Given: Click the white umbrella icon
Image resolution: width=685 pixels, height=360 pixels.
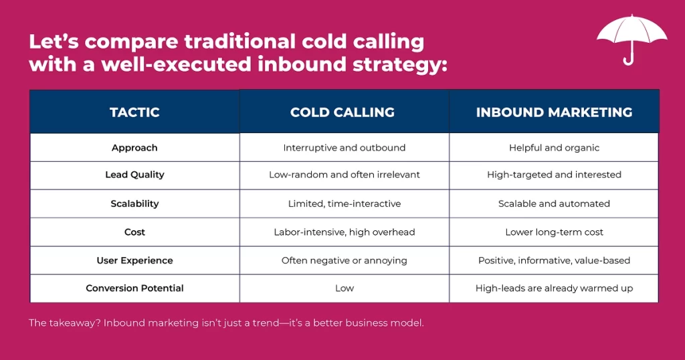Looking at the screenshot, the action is click(x=631, y=33).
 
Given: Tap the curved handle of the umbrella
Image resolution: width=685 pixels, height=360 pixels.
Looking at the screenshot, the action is click(x=629, y=60).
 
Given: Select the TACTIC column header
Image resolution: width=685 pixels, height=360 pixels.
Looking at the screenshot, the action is click(x=134, y=112).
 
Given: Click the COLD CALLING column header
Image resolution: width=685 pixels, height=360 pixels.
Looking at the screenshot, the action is click(x=342, y=112).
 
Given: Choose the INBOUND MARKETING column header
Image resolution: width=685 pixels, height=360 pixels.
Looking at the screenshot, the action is click(x=554, y=112).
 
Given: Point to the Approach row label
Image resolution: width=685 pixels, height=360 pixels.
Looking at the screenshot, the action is click(x=134, y=148).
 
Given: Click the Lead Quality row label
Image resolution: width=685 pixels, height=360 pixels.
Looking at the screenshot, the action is click(x=134, y=175).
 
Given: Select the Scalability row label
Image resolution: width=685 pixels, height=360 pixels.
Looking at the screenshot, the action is click(x=134, y=203).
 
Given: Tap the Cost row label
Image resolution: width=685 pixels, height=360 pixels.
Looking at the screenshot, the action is click(x=134, y=232).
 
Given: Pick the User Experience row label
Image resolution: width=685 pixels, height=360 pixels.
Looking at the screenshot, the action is click(x=134, y=260).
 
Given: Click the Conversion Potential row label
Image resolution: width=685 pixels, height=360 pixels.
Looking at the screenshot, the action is click(x=134, y=288).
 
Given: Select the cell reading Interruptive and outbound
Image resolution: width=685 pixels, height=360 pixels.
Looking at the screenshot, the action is click(x=345, y=148).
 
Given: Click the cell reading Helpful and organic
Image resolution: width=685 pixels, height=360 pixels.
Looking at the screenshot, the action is click(x=554, y=148).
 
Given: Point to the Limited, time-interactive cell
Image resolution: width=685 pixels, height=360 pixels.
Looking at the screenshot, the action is click(x=345, y=203).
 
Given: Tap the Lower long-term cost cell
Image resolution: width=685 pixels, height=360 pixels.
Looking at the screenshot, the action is click(x=554, y=232).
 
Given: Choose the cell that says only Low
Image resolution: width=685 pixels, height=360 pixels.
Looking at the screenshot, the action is click(x=345, y=288).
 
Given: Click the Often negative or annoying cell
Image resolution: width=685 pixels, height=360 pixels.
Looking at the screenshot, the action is click(x=345, y=260).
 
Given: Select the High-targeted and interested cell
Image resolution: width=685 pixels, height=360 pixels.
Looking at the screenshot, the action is click(x=554, y=175).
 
